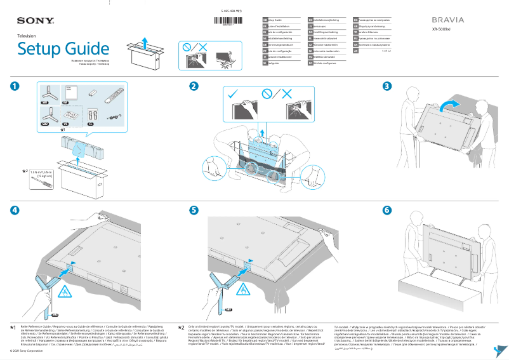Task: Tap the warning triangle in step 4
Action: click(65, 291)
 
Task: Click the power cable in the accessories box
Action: click(113, 116)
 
